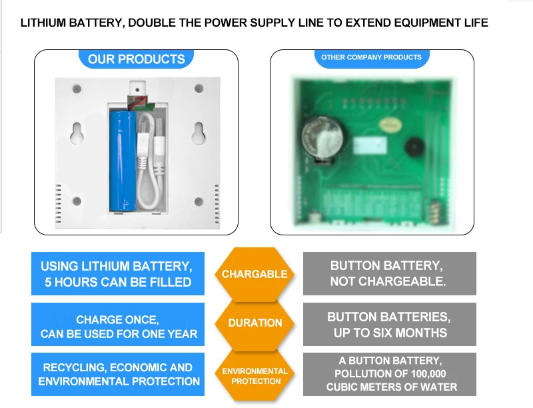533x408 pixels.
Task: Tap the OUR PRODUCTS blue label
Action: coord(136,59)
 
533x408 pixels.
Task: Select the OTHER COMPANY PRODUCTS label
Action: coord(371,58)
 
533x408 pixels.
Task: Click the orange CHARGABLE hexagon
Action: coord(255,274)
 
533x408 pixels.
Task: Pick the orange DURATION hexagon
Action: coord(255,323)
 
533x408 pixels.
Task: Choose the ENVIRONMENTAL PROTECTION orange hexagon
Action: coord(255,376)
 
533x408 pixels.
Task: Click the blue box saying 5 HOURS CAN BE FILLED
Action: coord(117,274)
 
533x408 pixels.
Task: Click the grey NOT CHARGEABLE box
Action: coord(389,274)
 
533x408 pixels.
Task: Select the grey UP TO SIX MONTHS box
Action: coord(389,325)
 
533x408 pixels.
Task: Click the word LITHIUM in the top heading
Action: coord(43,23)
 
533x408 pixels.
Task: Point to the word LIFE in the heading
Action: coord(475,23)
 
